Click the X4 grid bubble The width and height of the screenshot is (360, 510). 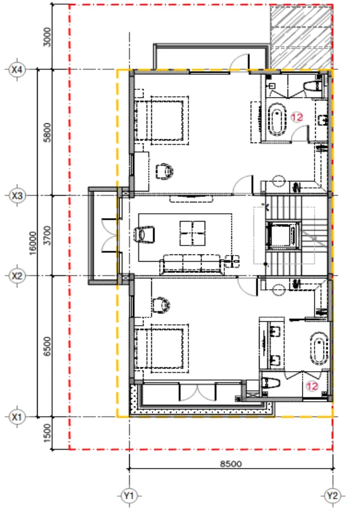pyautogui.click(x=17, y=69)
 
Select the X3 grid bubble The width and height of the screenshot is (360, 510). pyautogui.click(x=17, y=196)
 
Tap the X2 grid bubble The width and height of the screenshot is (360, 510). pyautogui.click(x=17, y=276)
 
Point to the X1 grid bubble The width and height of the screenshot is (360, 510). pyautogui.click(x=17, y=417)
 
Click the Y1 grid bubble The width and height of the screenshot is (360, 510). pyautogui.click(x=129, y=496)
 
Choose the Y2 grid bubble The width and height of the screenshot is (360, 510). pyautogui.click(x=332, y=496)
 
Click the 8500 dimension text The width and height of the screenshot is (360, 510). pyautogui.click(x=231, y=463)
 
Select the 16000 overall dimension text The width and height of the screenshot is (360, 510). pyautogui.click(x=33, y=243)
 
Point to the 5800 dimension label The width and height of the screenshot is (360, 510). pyautogui.click(x=47, y=132)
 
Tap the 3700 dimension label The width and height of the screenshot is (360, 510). pyautogui.click(x=47, y=235)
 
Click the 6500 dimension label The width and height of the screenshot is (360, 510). pyautogui.click(x=47, y=346)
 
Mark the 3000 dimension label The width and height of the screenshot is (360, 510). pyautogui.click(x=47, y=37)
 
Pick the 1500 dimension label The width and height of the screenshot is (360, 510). pyautogui.click(x=47, y=433)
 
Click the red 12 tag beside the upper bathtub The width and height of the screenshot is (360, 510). pyautogui.click(x=297, y=117)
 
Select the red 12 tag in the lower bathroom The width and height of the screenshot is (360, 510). pyautogui.click(x=312, y=386)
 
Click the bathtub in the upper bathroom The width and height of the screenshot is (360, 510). pyautogui.click(x=276, y=119)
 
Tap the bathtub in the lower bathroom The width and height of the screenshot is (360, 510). pyautogui.click(x=319, y=348)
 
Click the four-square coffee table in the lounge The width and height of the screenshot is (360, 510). pyautogui.click(x=193, y=233)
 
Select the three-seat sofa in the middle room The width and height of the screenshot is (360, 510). pyautogui.click(x=192, y=265)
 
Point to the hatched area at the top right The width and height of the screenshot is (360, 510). pyautogui.click(x=301, y=37)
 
